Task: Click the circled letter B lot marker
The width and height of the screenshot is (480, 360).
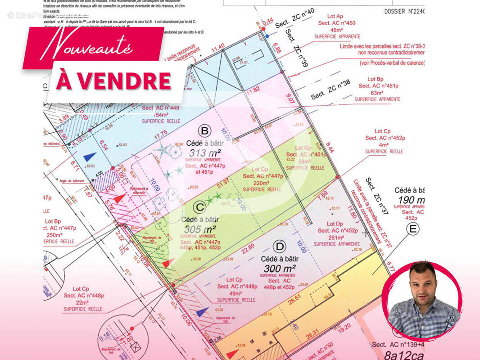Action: pyautogui.click(x=205, y=131)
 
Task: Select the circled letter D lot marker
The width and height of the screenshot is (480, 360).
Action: pyautogui.click(x=280, y=247)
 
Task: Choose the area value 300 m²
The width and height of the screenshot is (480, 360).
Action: pyautogui.click(x=280, y=268)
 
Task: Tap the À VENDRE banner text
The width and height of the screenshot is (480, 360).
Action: pyautogui.click(x=114, y=81)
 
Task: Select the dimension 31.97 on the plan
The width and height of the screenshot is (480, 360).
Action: pyautogui.click(x=223, y=184)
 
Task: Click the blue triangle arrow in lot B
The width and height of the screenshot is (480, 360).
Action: pyautogui.click(x=90, y=157)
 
